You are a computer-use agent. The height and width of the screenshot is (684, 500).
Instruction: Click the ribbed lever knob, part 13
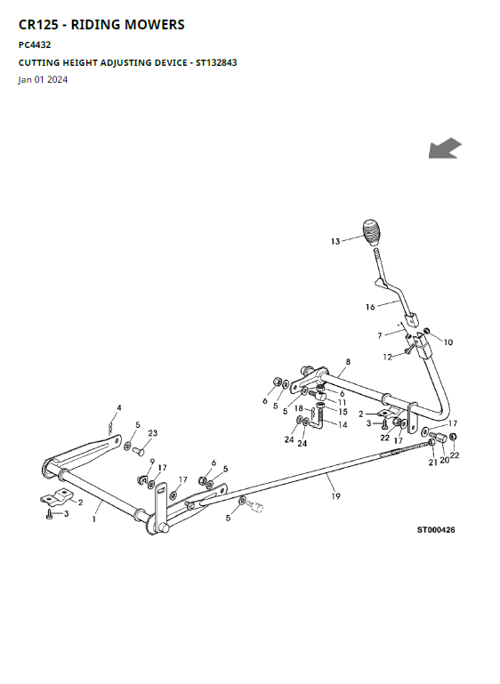(371, 232)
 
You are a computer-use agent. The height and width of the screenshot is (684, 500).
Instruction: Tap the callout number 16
(370, 307)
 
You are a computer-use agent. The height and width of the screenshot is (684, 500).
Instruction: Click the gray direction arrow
(445, 148)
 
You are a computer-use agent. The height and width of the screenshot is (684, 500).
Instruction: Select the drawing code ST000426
(435, 529)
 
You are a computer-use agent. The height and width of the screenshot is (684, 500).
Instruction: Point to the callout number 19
(335, 496)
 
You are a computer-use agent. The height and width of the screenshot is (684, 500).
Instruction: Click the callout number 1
(94, 519)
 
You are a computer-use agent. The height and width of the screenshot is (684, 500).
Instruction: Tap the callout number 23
(153, 433)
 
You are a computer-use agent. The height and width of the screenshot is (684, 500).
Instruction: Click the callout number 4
(118, 408)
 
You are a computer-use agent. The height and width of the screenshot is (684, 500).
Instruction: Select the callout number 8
(348, 362)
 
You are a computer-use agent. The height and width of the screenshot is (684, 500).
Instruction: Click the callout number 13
(335, 241)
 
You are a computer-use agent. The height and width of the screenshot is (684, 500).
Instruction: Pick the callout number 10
(448, 342)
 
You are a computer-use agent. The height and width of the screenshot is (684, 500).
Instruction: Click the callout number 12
(387, 357)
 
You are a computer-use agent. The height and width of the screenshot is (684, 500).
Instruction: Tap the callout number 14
(343, 424)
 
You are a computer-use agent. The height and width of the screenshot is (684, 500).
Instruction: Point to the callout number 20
(444, 460)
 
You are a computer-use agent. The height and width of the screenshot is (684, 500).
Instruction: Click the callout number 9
(152, 462)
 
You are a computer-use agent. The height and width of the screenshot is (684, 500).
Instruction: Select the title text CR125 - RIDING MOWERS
(101, 24)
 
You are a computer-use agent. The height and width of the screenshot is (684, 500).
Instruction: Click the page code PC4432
(35, 44)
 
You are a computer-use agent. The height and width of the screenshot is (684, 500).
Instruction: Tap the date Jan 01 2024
(43, 79)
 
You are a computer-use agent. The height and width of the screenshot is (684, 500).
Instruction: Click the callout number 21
(432, 463)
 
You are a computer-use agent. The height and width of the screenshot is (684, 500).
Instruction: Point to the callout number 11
(342, 402)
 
